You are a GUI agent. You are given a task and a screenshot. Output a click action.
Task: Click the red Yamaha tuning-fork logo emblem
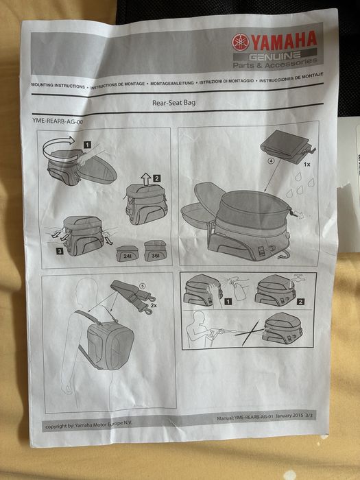pos(240,43)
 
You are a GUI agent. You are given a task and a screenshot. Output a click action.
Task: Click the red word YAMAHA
pos(283,40)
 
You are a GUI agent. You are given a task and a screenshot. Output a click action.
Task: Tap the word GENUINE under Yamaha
pos(274,56)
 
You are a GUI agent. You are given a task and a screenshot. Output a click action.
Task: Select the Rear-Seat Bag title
pos(174,103)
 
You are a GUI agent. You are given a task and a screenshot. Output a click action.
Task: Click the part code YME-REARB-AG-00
pos(58,121)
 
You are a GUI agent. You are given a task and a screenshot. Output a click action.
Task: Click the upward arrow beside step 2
pos(146,180)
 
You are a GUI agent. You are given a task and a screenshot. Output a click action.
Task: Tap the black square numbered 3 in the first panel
pos(60,252)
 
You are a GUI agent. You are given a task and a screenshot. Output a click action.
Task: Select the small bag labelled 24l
pos(127,254)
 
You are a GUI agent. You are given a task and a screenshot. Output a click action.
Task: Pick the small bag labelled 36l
pos(156,251)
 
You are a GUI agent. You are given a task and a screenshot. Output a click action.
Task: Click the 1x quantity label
pos(307,165)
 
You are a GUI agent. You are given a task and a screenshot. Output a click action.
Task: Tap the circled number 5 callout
pos(143,286)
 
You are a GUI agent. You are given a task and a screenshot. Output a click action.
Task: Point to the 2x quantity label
pos(154,305)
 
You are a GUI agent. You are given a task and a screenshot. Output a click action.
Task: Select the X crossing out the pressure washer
pos(251,333)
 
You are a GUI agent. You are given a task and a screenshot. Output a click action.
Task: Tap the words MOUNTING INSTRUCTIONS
pos(58,86)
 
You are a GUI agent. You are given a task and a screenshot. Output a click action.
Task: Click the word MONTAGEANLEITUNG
pos(172,83)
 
